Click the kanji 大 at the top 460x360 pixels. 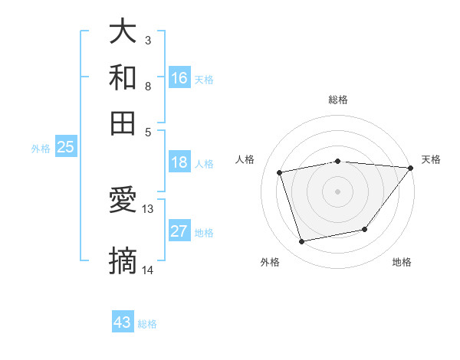click(x=123, y=33)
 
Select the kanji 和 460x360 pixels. click(x=123, y=77)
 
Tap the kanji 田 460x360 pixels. click(x=123, y=122)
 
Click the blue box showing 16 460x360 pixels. click(x=179, y=77)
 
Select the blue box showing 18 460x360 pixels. click(x=179, y=162)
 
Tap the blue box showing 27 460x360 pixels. click(x=179, y=231)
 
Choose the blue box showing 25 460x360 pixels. click(x=65, y=148)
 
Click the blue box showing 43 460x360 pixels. click(x=123, y=322)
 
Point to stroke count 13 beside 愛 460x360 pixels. click(x=148, y=208)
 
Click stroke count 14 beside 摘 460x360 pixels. click(x=148, y=270)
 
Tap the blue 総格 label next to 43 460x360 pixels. click(x=148, y=324)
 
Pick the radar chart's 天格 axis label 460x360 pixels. click(x=431, y=159)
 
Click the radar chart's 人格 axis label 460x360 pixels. click(x=245, y=159)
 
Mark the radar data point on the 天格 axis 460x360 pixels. click(x=410, y=168)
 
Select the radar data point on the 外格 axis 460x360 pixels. click(x=302, y=242)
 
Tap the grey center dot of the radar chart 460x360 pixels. click(x=337, y=191)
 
